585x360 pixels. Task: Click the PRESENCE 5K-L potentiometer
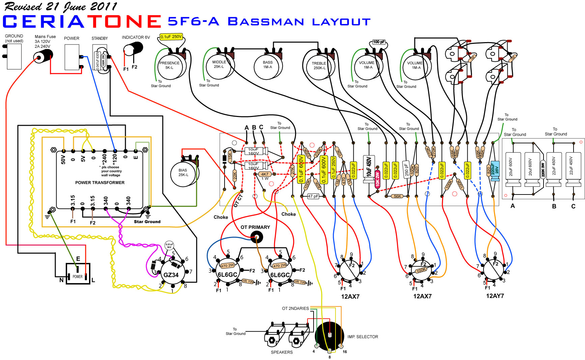(170, 65)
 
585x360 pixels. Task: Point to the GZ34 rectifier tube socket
(171, 274)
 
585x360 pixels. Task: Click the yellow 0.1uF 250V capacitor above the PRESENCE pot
(171, 36)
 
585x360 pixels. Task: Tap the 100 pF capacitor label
(379, 42)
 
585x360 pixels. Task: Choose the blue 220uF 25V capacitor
(495, 171)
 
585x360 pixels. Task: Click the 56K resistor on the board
(398, 196)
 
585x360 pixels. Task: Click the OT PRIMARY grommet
(257, 238)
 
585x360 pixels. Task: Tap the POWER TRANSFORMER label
(100, 182)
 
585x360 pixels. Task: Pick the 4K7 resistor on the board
(265, 174)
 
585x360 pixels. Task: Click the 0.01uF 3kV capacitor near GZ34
(169, 245)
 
